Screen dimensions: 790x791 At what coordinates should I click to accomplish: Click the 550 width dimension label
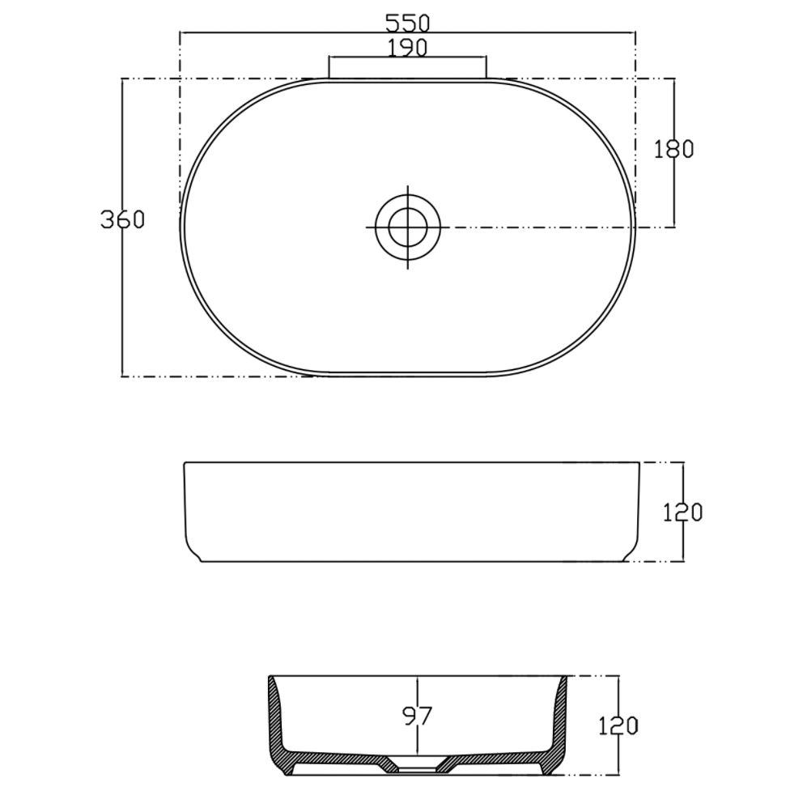pyautogui.click(x=407, y=23)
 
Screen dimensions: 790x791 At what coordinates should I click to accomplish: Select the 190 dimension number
pyautogui.click(x=407, y=48)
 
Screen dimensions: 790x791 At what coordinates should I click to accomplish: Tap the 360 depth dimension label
pyautogui.click(x=122, y=219)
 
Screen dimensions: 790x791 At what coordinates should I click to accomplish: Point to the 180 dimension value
pyautogui.click(x=674, y=149)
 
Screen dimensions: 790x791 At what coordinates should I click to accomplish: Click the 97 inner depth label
pyautogui.click(x=418, y=716)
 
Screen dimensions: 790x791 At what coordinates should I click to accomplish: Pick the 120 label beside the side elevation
pyautogui.click(x=682, y=512)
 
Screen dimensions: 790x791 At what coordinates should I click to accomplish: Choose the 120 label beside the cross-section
pyautogui.click(x=618, y=726)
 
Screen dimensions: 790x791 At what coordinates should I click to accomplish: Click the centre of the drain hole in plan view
pyautogui.click(x=408, y=227)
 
